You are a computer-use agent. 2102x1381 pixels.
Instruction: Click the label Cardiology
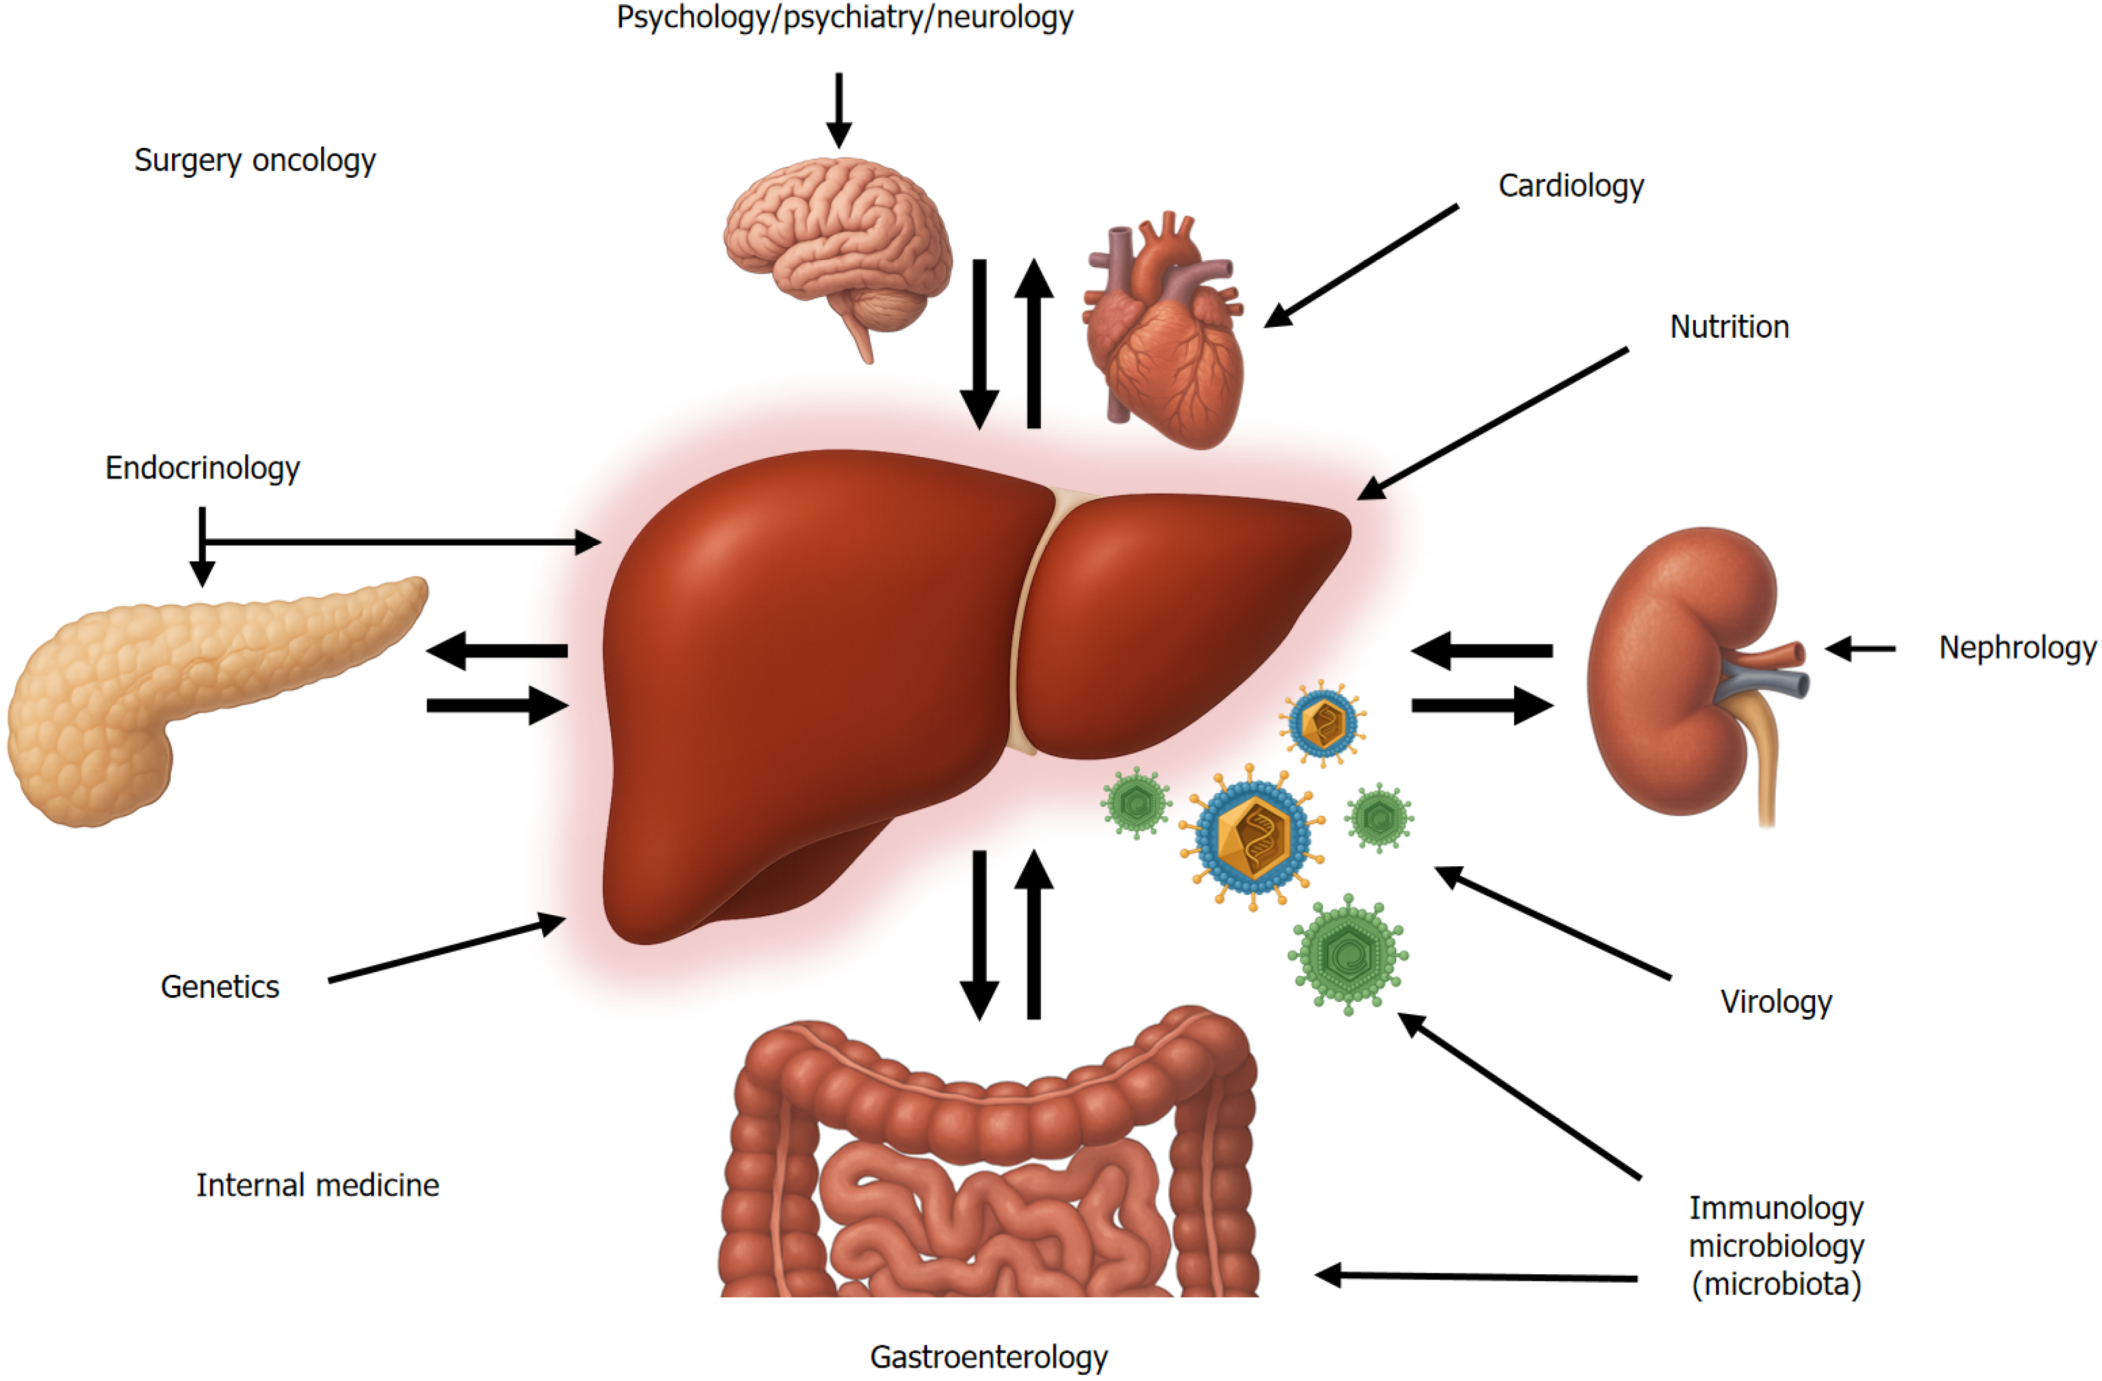[x=1570, y=185]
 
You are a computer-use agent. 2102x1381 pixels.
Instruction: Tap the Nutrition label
[x=1728, y=327]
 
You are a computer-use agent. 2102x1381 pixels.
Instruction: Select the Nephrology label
[x=2016, y=647]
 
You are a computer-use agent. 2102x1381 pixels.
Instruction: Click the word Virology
[x=1775, y=1001]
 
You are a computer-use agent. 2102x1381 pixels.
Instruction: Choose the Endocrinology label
[x=202, y=467]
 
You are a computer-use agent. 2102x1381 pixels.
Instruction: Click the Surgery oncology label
[x=254, y=160]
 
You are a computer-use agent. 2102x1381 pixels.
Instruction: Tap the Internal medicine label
[x=317, y=1185]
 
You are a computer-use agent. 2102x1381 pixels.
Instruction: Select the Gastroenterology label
[x=988, y=1356]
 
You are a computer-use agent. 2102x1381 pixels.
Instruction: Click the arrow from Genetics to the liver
[x=446, y=949]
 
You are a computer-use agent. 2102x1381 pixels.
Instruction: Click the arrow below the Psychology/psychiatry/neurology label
[x=838, y=110]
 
